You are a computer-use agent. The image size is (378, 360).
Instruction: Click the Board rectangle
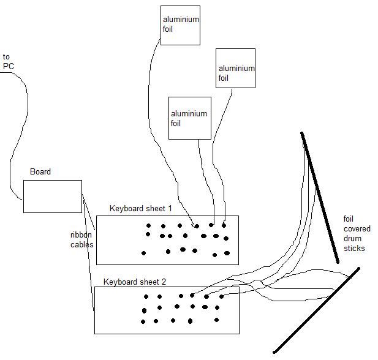tap(52, 197)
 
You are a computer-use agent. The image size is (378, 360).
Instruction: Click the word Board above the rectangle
tap(40, 172)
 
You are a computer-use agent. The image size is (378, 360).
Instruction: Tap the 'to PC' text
tap(7, 61)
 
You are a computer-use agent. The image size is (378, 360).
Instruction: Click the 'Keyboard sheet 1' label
tap(141, 209)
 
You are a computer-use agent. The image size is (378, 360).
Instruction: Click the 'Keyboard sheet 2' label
tap(135, 282)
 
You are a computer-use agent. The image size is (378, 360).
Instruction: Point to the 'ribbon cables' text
tap(81, 239)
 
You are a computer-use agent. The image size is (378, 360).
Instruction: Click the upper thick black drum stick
tap(319, 197)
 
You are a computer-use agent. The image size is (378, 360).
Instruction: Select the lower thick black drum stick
tap(316, 310)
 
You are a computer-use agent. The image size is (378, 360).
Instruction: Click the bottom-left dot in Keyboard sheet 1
tap(143, 253)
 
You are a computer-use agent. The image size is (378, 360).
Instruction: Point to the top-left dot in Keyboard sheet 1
tap(148, 225)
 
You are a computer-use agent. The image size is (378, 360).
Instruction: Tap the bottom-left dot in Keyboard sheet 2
tap(143, 321)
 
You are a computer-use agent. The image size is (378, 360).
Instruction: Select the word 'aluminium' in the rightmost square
tap(236, 69)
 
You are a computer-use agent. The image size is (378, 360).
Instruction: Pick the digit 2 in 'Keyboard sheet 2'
tap(164, 282)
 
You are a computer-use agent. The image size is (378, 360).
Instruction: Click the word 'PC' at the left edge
tap(8, 66)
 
